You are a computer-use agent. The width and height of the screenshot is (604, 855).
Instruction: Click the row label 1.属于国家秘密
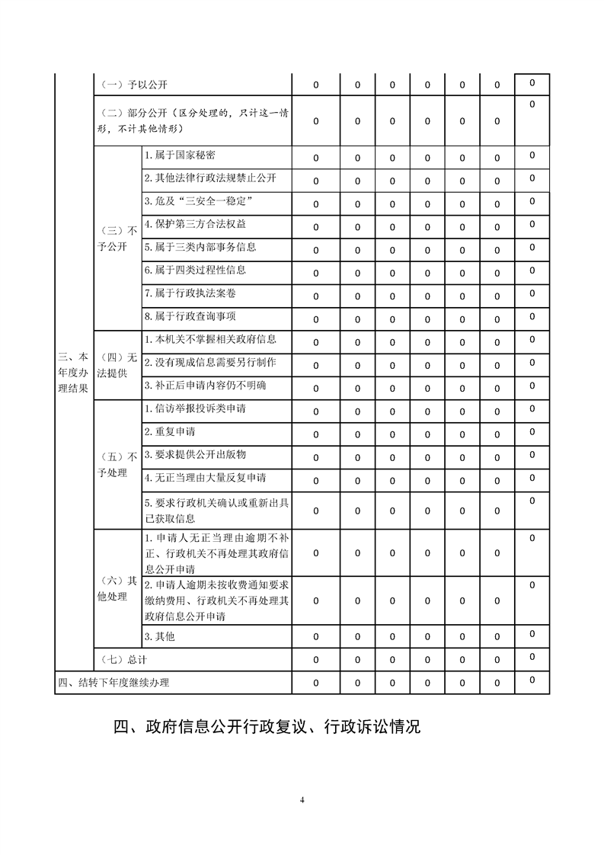tap(180, 155)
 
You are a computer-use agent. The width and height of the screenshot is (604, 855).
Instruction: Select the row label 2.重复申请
tap(170, 432)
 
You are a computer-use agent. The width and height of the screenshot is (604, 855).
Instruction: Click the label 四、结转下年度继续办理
tap(113, 683)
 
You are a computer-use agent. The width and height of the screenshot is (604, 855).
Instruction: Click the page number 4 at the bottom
tap(302, 799)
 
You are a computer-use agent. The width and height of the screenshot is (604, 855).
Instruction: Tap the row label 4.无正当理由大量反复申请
tap(205, 479)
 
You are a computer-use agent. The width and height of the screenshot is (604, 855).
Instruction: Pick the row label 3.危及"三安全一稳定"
tap(198, 201)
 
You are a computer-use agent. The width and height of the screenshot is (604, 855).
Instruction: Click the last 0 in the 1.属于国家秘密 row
tap(532, 155)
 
